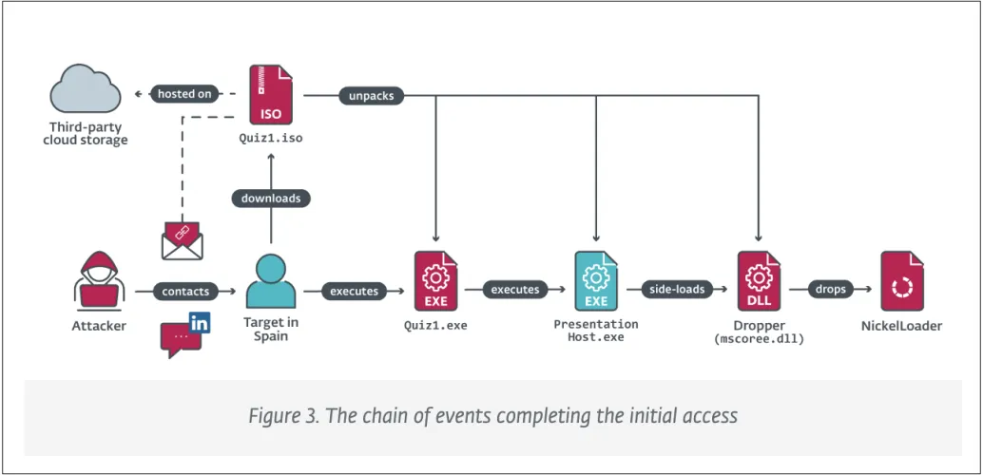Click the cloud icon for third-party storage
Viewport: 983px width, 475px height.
tap(86, 91)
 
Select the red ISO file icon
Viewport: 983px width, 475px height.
tap(271, 95)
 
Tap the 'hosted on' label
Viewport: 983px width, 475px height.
tap(184, 94)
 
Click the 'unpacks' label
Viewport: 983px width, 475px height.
tap(372, 95)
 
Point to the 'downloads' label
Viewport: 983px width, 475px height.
tap(271, 199)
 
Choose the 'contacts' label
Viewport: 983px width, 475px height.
tap(185, 292)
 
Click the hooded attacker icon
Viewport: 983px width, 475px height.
tap(99, 282)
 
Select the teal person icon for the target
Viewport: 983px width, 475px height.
tap(270, 281)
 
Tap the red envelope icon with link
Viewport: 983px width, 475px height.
tap(183, 240)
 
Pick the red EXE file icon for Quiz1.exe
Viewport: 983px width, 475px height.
tap(436, 282)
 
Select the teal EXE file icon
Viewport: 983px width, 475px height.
tap(596, 282)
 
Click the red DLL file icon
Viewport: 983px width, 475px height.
tap(759, 282)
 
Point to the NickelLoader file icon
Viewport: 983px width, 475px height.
tap(902, 282)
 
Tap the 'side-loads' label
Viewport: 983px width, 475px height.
tap(676, 289)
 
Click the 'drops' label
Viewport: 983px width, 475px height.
tap(829, 289)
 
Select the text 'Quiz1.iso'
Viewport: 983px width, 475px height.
tap(270, 137)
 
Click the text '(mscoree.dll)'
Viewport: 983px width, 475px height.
tap(759, 338)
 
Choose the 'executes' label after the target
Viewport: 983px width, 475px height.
tap(354, 292)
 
